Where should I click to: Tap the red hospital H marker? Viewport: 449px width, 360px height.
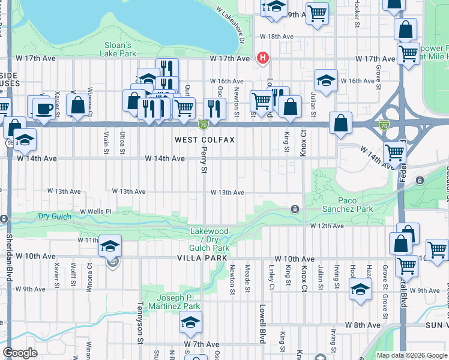[x=262, y=58]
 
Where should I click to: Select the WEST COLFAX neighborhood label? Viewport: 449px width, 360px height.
[x=205, y=140]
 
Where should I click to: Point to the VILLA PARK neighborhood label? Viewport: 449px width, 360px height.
[x=202, y=258]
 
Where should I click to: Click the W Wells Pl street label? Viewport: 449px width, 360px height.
[x=97, y=212]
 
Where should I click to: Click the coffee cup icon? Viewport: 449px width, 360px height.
[x=42, y=109]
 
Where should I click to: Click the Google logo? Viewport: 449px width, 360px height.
[x=20, y=353]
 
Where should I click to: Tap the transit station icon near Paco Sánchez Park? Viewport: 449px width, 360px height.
[x=295, y=209]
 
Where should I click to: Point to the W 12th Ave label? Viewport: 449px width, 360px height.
[x=327, y=226]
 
